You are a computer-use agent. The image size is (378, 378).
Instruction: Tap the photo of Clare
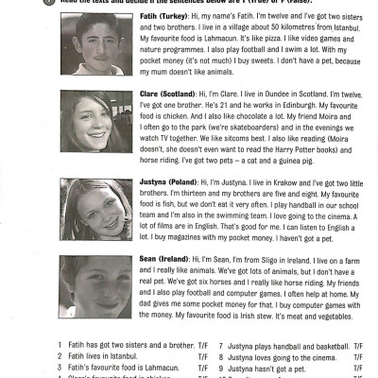[x=97, y=127]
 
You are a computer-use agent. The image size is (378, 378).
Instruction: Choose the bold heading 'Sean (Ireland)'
[x=161, y=258]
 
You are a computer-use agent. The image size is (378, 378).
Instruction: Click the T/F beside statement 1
[x=202, y=346]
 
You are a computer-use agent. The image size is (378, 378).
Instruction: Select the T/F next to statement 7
[x=358, y=346]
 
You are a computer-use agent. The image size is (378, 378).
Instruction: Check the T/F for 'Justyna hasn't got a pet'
[x=358, y=369]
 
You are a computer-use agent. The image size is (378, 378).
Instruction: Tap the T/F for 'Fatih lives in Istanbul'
[x=202, y=357]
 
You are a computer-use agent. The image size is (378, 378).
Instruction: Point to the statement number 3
[x=60, y=369]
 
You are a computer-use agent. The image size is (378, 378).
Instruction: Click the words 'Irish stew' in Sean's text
[x=272, y=327]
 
